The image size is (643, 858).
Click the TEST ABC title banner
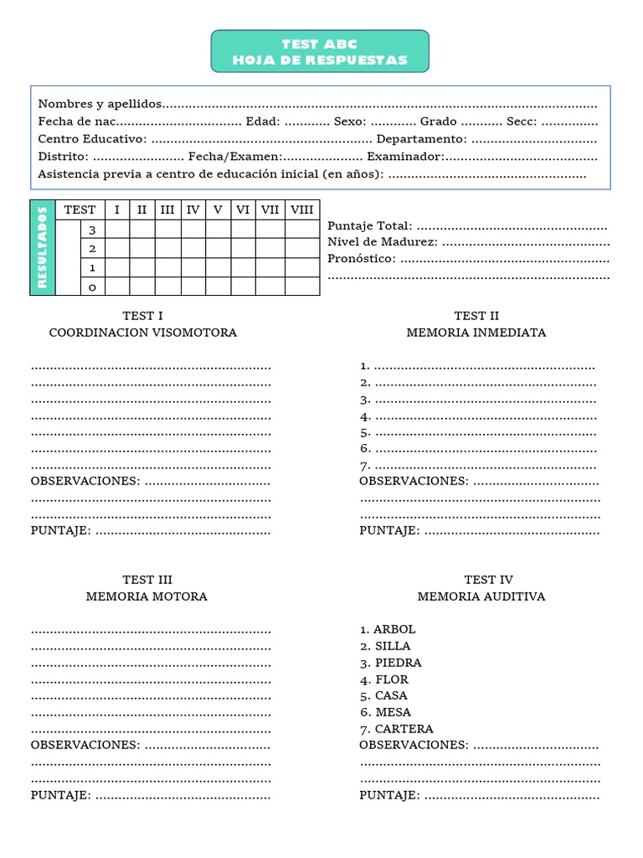click(x=320, y=51)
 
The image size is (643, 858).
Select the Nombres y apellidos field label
click(x=100, y=104)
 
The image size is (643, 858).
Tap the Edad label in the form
click(x=263, y=121)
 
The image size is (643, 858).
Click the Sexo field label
click(x=349, y=121)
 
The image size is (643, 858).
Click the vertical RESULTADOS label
click(x=43, y=248)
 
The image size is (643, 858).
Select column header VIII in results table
click(x=301, y=210)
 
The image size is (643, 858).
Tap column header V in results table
click(x=218, y=210)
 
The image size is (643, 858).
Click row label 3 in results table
click(x=92, y=230)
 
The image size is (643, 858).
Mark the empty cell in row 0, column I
click(x=117, y=287)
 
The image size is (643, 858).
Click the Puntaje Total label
click(x=370, y=226)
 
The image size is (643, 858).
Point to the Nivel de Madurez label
click(x=383, y=242)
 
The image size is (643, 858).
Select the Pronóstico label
click(x=362, y=258)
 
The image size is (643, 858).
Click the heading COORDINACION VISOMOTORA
click(x=143, y=333)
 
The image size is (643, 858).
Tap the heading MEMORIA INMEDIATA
click(x=476, y=333)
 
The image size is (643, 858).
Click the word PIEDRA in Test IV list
click(x=398, y=663)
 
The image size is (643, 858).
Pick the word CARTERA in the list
click(x=404, y=729)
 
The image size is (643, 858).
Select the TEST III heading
click(x=147, y=580)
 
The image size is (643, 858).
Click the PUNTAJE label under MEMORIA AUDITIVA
click(x=390, y=795)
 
